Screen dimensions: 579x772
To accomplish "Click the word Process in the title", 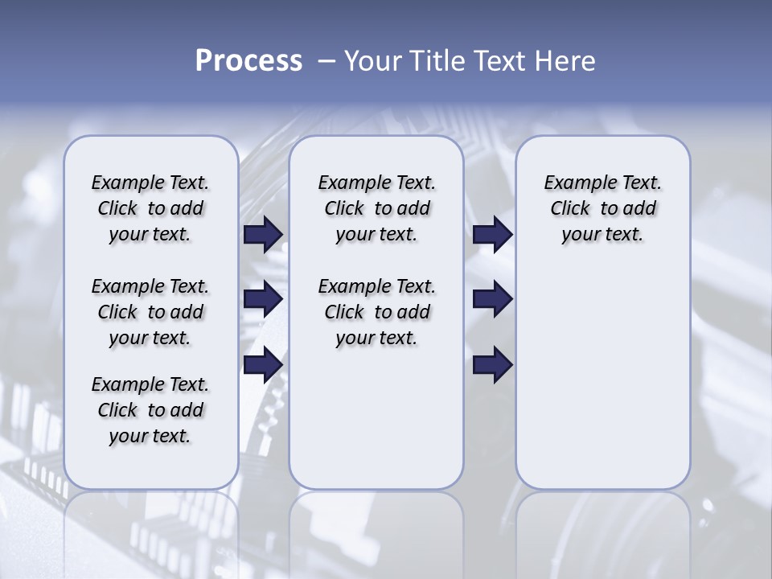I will click(x=248, y=61).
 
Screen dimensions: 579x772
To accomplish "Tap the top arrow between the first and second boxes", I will click(x=263, y=234).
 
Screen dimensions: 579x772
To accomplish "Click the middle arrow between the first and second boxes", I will click(x=263, y=299).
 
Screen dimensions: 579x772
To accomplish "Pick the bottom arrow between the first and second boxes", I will click(x=263, y=364).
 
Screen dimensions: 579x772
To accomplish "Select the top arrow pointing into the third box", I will click(x=492, y=234).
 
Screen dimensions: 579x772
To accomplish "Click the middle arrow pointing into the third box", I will click(x=492, y=299).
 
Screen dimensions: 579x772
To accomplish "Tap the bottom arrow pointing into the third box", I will click(x=492, y=364).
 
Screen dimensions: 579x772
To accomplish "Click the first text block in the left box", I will click(x=150, y=208).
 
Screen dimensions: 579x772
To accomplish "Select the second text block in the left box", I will click(x=150, y=312).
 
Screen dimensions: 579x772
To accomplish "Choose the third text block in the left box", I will click(x=150, y=410).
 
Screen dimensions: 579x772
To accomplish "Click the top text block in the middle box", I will click(x=376, y=208).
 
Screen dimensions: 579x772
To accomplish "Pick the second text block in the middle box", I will click(x=376, y=312).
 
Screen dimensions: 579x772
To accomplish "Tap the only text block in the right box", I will click(x=602, y=208).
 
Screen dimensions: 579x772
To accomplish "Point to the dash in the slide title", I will click(x=326, y=61).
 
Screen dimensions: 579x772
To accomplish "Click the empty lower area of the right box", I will click(x=602, y=378).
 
